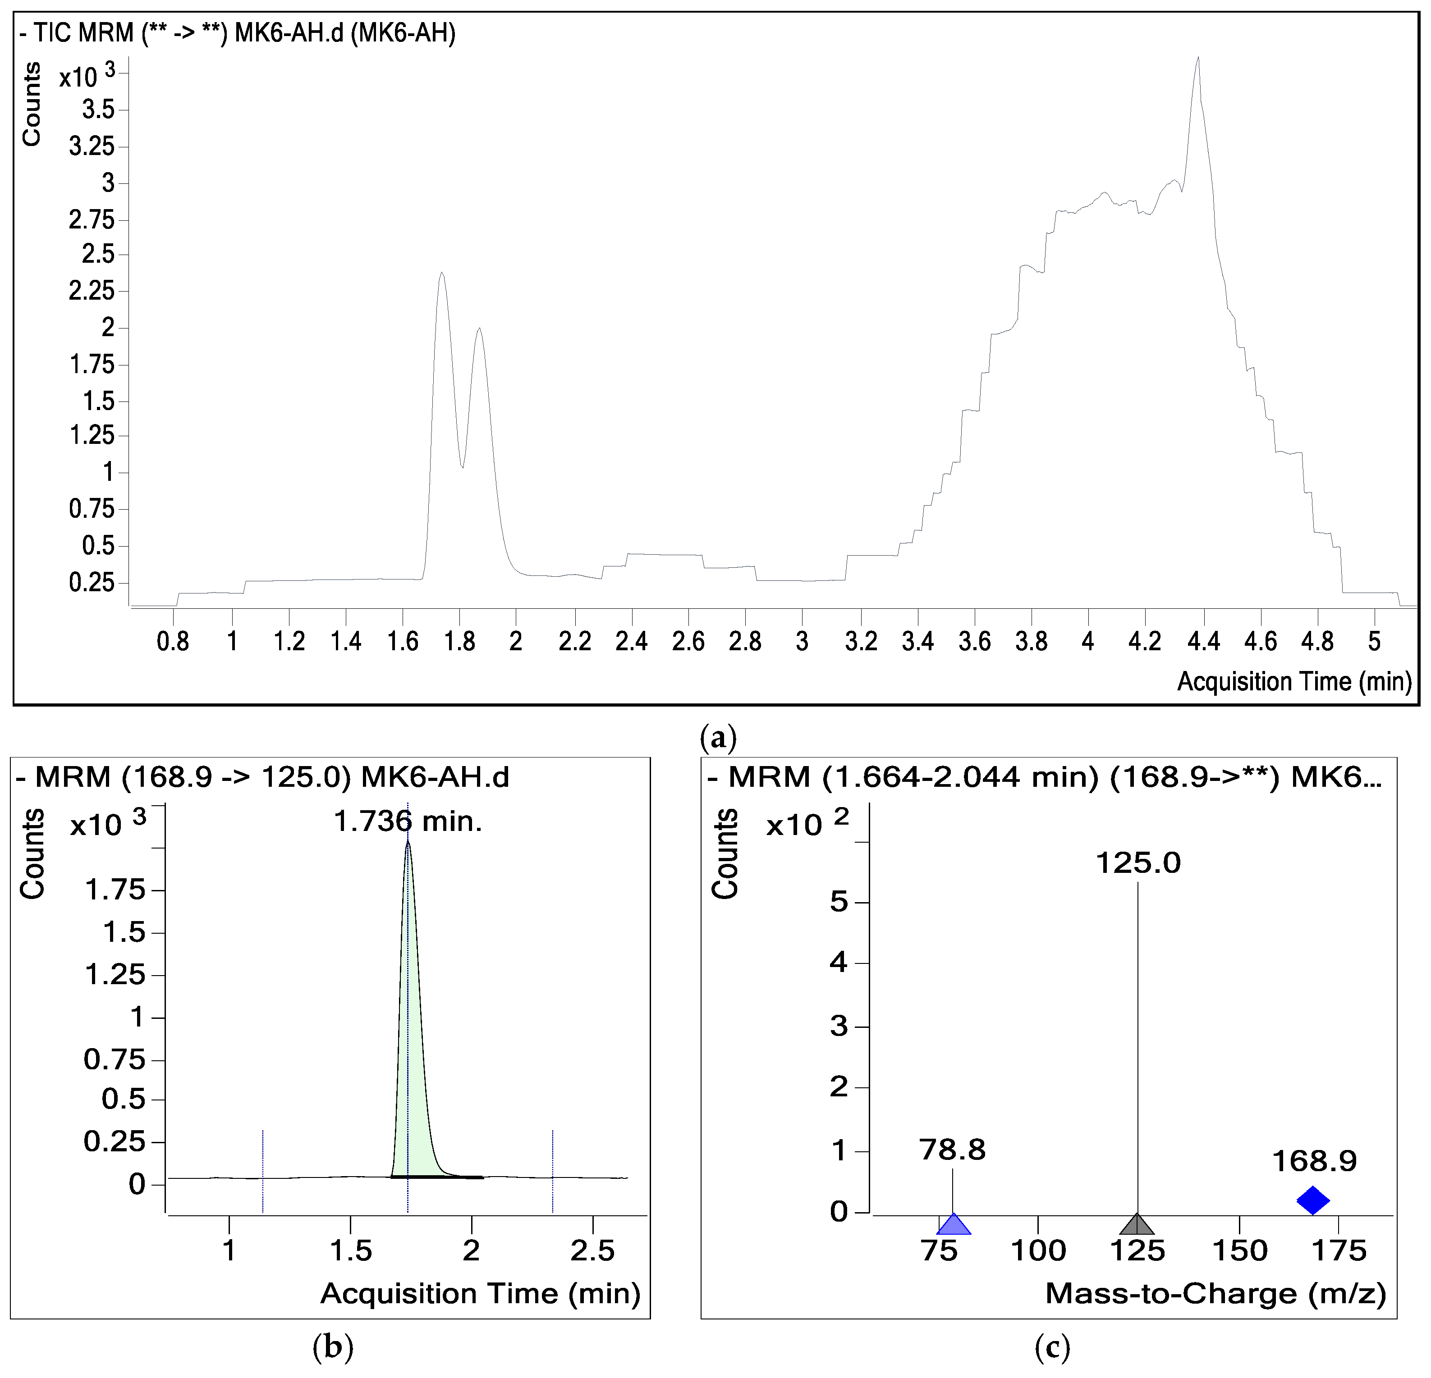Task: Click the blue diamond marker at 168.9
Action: pos(1313,1200)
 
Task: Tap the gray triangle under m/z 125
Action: pos(1137,1225)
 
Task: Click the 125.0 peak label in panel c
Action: pos(1137,863)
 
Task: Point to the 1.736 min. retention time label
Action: pos(408,822)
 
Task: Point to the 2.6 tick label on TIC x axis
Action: pos(688,642)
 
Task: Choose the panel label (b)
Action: pos(332,1346)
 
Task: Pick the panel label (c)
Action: pos(1052,1346)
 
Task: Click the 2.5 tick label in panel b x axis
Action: pos(592,1251)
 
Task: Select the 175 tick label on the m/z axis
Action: pos(1338,1251)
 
